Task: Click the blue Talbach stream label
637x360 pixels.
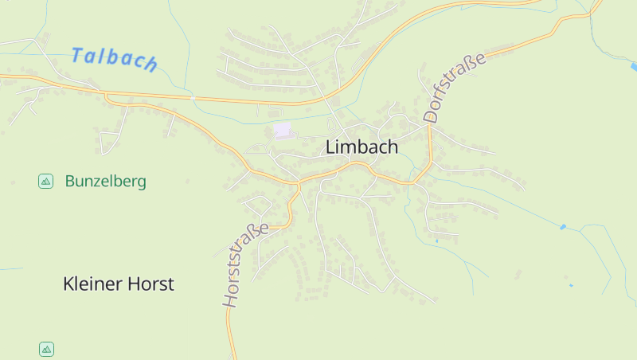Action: coord(114,58)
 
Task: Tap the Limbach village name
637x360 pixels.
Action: coord(362,147)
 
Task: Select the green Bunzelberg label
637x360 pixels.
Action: coord(106,182)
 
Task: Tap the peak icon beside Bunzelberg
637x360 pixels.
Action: coord(46,182)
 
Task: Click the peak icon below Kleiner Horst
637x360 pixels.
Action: coord(46,349)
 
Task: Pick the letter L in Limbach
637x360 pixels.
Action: coord(330,148)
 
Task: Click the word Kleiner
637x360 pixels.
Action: coord(91,284)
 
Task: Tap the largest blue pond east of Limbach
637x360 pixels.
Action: coord(563,227)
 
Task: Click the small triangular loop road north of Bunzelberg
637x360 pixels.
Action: coord(109,142)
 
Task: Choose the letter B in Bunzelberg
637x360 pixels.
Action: coord(70,182)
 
